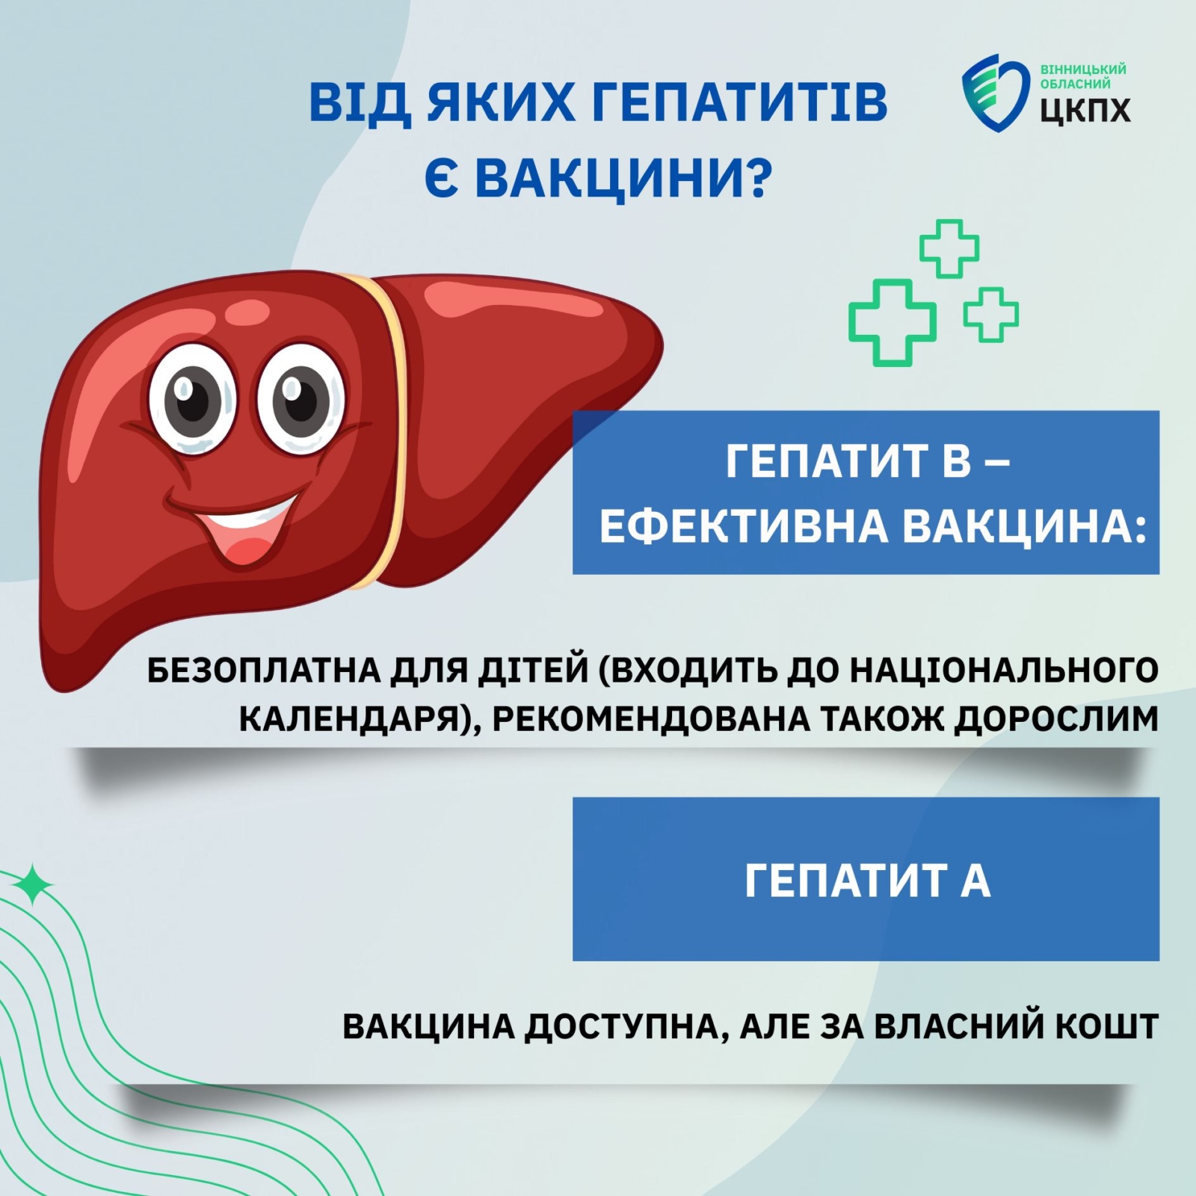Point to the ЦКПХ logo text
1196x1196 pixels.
[x=1085, y=109]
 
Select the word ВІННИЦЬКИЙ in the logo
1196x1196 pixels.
[x=1083, y=70]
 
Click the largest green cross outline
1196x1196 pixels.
[x=892, y=322]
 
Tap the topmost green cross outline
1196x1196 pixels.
[x=949, y=249]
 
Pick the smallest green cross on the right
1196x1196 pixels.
[x=990, y=314]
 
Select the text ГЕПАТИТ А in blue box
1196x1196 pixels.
[x=867, y=881]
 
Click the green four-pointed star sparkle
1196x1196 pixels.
[x=34, y=886]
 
